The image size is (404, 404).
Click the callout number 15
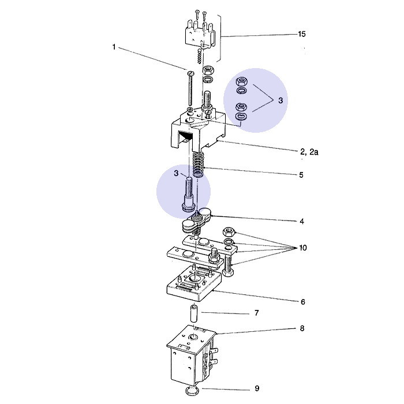point(301,35)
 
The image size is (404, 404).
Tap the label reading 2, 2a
point(310,151)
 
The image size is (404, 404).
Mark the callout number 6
point(302,302)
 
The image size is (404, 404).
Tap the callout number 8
point(301,328)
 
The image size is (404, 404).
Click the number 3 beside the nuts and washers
point(280,100)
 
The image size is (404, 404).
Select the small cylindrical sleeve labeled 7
point(194,315)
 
